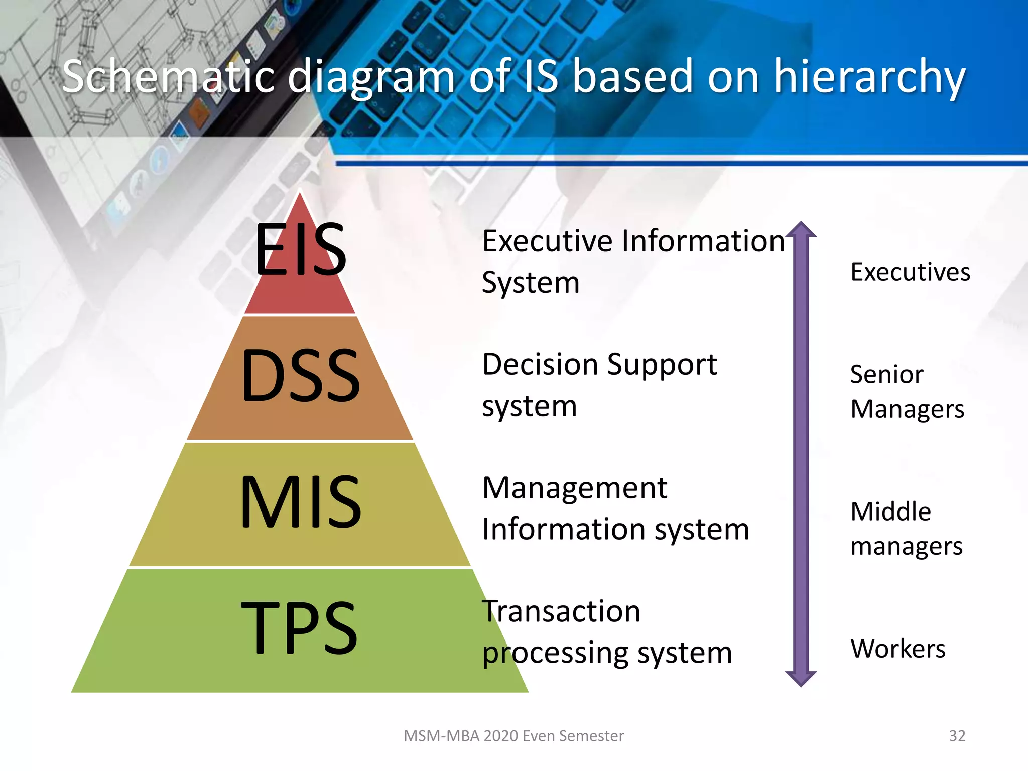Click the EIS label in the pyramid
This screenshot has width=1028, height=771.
click(300, 249)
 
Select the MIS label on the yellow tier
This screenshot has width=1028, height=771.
click(300, 502)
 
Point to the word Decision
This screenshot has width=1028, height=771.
click(540, 364)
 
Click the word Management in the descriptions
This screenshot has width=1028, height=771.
click(574, 489)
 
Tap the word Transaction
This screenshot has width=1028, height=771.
click(561, 612)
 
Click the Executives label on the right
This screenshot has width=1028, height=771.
click(910, 272)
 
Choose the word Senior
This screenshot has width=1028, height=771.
click(886, 375)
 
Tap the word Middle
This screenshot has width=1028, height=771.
click(890, 512)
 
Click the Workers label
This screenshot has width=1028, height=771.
click(897, 649)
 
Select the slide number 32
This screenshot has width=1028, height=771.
click(957, 736)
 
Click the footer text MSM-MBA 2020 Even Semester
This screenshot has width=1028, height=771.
click(513, 736)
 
